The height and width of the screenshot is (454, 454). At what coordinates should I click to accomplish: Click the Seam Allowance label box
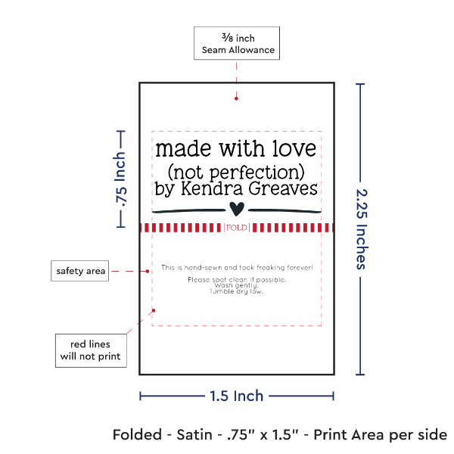237,43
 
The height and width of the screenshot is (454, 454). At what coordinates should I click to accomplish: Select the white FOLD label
237,227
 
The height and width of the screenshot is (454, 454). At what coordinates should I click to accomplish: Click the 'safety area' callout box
79,270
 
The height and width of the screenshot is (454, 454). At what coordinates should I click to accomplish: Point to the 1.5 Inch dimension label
237,396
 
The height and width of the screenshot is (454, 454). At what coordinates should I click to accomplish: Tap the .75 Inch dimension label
120,179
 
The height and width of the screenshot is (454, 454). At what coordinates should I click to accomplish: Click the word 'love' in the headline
292,146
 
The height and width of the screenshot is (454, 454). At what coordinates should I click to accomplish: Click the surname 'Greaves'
281,189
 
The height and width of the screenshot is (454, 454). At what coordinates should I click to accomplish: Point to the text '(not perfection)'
235,168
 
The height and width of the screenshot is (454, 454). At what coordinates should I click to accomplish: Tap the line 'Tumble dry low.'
237,291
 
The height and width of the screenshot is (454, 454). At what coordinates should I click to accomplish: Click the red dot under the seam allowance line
237,98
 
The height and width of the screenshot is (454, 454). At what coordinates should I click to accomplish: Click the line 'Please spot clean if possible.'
237,280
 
